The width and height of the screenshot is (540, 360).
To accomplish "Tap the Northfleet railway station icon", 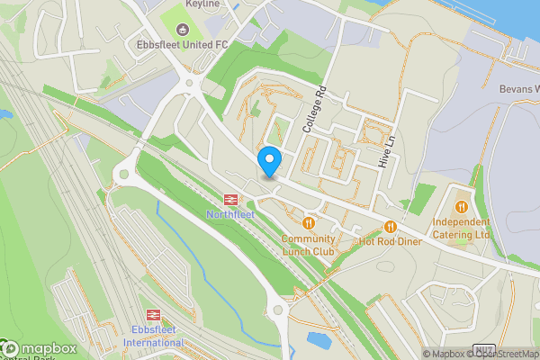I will coord(231,199).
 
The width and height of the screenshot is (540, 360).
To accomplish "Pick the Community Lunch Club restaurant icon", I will coord(309,222).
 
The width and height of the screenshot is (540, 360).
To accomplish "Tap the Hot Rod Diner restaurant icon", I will coord(391,226).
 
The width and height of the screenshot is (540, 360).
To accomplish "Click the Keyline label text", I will coord(202,4).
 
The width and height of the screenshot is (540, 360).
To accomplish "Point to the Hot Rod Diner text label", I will coord(391,241).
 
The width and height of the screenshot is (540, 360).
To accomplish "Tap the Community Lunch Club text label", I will coord(308,245).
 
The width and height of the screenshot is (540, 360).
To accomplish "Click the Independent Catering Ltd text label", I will coord(461,229).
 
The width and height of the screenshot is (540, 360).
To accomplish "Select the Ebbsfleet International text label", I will coord(153,336).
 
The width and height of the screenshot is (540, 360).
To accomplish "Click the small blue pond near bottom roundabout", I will coord(318,341).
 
